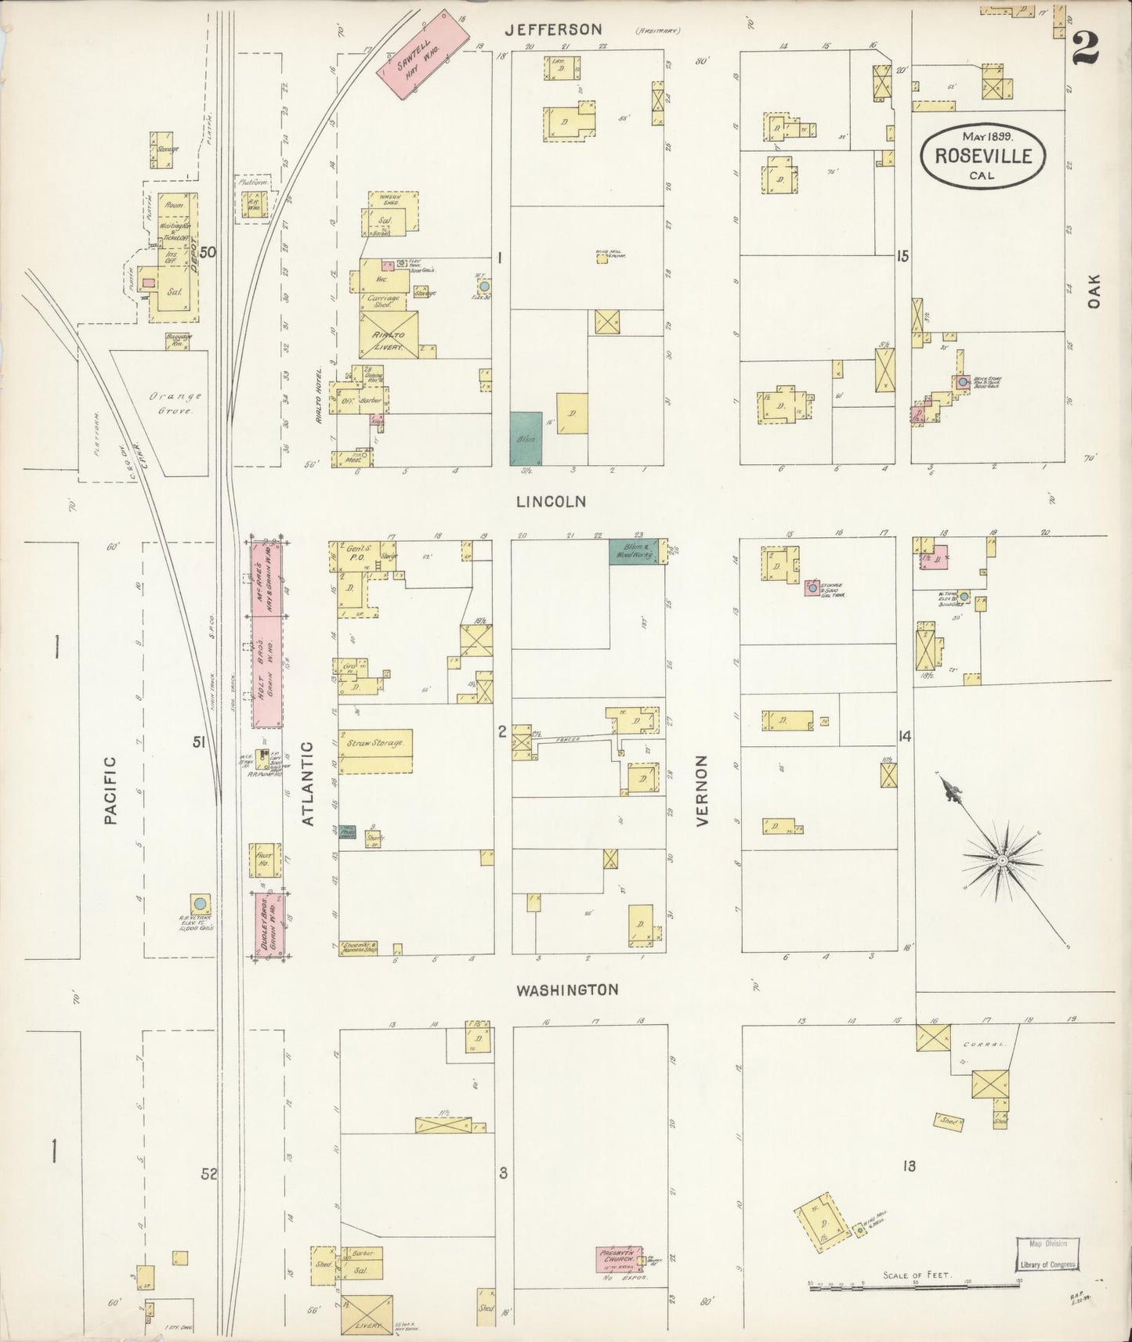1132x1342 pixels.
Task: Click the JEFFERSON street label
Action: click(553, 30)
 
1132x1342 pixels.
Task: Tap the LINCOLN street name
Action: click(551, 502)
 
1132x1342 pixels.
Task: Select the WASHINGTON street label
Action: click(566, 990)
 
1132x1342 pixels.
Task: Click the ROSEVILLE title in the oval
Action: click(982, 155)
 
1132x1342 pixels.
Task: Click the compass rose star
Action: click(1000, 860)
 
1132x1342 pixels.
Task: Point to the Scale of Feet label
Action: click(917, 1275)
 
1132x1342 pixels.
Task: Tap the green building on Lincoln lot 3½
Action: click(526, 440)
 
